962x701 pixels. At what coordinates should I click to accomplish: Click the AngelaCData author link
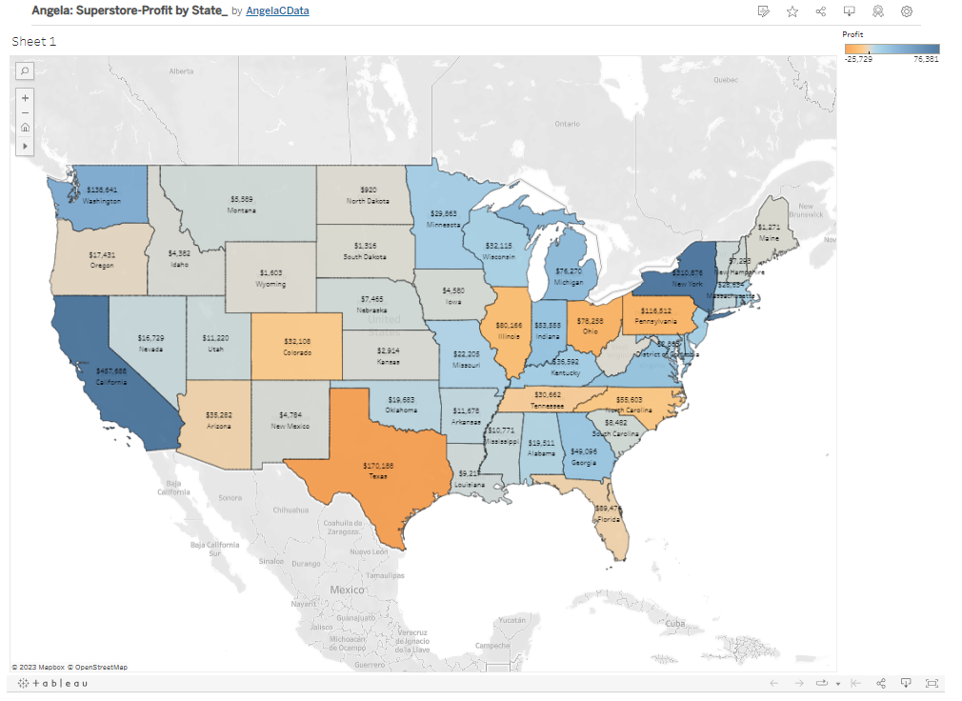pyautogui.click(x=277, y=10)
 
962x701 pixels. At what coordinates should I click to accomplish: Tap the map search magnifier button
pyautogui.click(x=25, y=70)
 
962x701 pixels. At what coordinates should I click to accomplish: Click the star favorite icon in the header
pyautogui.click(x=792, y=11)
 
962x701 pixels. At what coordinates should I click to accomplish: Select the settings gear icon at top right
pyautogui.click(x=907, y=11)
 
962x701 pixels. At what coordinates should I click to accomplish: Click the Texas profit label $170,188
pyautogui.click(x=378, y=466)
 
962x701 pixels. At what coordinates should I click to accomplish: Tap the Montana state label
pyautogui.click(x=242, y=210)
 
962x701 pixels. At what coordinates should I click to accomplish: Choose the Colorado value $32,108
pyautogui.click(x=297, y=340)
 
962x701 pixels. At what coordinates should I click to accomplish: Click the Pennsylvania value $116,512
pyautogui.click(x=656, y=310)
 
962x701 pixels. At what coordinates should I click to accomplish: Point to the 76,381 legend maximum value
pyautogui.click(x=926, y=58)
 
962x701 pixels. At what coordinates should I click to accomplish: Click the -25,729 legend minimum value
pyautogui.click(x=858, y=58)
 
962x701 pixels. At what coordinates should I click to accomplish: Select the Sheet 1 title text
pyautogui.click(x=34, y=42)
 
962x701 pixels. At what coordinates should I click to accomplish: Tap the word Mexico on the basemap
pyautogui.click(x=347, y=590)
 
